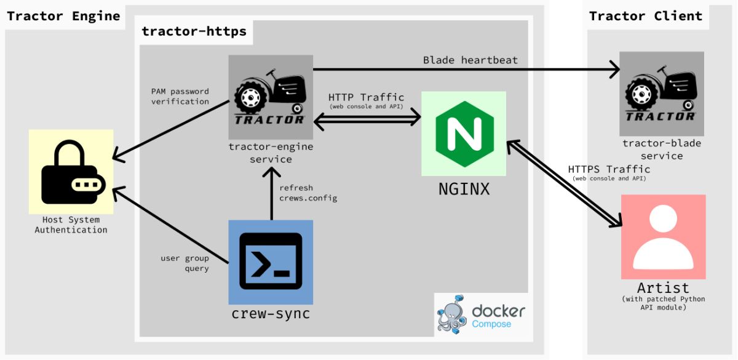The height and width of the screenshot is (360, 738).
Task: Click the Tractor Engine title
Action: (63, 16)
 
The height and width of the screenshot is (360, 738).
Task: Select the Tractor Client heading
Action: (645, 16)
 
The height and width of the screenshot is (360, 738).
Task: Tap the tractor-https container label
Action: (194, 31)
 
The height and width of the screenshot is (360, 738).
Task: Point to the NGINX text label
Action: (464, 189)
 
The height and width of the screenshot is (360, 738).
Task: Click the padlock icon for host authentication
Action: (71, 172)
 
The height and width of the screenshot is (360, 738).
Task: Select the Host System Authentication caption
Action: (71, 225)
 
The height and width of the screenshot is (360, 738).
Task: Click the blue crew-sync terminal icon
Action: (271, 262)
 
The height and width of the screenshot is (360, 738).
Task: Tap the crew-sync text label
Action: (271, 313)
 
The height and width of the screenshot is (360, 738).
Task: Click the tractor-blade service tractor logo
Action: (661, 93)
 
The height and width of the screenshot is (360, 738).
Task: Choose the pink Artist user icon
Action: (663, 237)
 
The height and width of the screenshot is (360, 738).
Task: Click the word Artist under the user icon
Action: (663, 287)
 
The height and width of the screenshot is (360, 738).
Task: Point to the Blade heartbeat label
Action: (470, 60)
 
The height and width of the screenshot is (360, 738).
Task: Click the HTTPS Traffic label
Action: (608, 169)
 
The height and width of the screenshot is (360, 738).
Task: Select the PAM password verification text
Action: (180, 97)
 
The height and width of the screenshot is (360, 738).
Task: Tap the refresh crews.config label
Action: (308, 193)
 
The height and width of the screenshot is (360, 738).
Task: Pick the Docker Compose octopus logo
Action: (452, 313)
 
